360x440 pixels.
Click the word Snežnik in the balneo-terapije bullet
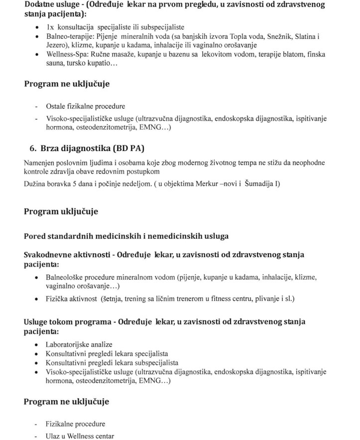(x=278, y=37)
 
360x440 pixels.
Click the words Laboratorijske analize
(x=79, y=344)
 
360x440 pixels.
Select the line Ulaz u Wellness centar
(x=80, y=436)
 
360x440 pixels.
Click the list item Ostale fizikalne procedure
(x=85, y=106)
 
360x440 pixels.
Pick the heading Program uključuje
(x=61, y=211)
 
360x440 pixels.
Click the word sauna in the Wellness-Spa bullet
(x=55, y=64)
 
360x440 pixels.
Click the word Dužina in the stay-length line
(x=35, y=184)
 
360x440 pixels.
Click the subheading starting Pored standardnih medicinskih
(x=126, y=236)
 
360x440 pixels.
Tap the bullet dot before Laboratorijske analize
(x=38, y=345)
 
